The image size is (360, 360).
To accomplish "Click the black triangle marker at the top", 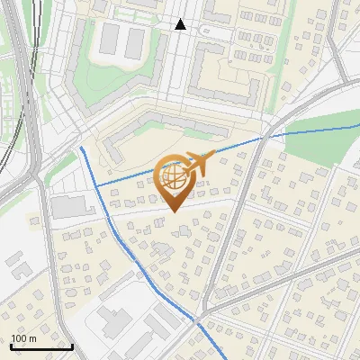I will click(181, 24).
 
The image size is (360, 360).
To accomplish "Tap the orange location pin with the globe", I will click(174, 180).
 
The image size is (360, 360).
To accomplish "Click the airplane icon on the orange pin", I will click(197, 163).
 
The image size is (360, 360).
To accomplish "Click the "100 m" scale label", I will click(24, 338).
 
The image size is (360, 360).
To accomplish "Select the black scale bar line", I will click(41, 346).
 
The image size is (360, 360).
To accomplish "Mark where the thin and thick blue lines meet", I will click(96, 186).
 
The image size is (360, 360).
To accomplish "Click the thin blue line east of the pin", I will click(243, 143).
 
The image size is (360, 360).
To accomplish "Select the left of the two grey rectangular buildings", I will click(109, 39).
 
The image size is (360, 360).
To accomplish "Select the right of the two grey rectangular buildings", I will click(135, 40).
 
